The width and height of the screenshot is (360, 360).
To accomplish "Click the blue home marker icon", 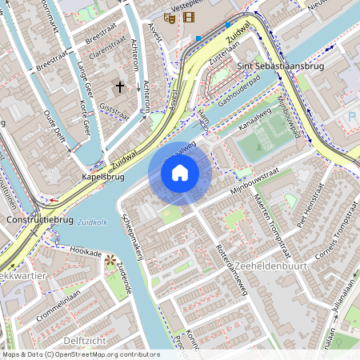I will [x=180, y=173].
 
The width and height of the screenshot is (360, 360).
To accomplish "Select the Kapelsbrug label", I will [x=102, y=177].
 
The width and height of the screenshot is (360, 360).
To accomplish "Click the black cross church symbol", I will [x=121, y=86].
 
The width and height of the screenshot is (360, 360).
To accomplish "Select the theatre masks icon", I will [x=170, y=17].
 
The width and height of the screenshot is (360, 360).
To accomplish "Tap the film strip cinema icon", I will [x=189, y=17].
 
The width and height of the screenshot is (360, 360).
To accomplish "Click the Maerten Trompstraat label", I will [x=269, y=215].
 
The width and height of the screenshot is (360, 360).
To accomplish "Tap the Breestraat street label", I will [x=100, y=36].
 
